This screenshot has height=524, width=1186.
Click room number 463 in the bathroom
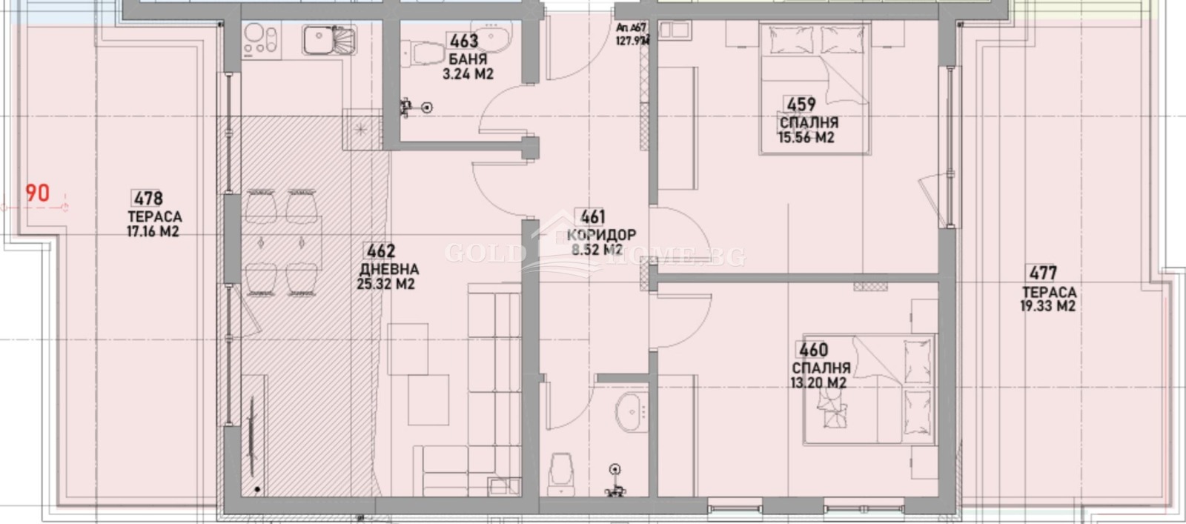(463, 42)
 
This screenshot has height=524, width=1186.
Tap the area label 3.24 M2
(468, 74)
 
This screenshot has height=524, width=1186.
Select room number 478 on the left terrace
(148, 199)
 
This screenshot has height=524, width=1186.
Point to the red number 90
(38, 193)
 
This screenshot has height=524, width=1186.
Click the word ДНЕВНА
(388, 269)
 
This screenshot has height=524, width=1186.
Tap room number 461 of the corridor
(592, 217)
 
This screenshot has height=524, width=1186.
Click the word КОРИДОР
(600, 235)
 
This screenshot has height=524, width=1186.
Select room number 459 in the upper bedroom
(801, 105)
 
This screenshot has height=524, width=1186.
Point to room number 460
(812, 349)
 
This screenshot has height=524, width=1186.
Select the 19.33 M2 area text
(1047, 306)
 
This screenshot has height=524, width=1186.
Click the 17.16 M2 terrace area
(153, 232)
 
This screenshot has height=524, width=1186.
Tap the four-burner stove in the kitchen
(262, 39)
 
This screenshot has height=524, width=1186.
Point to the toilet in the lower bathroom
(560, 473)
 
